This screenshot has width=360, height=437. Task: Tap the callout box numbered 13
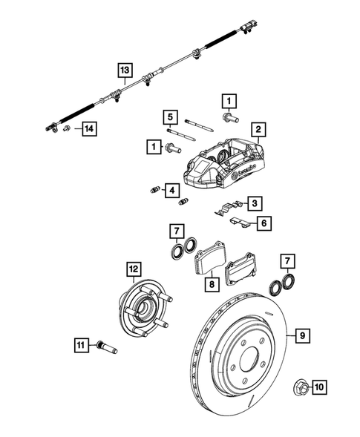[x=124, y=71]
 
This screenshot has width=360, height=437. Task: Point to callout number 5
[x=170, y=117]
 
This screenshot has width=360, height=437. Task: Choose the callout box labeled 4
[x=172, y=191]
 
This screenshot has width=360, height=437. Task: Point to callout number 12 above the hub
[x=133, y=270]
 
